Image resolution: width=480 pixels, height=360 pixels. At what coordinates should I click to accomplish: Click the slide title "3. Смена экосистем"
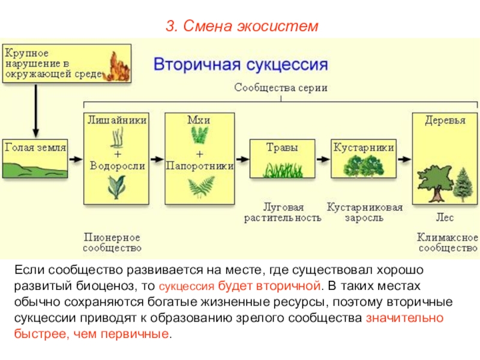[240, 27]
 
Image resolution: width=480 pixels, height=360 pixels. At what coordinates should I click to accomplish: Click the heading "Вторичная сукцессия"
[241, 64]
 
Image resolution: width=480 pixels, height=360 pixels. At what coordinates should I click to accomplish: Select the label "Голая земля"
[35, 146]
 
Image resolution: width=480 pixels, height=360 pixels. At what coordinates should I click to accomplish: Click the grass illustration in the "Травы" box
[282, 169]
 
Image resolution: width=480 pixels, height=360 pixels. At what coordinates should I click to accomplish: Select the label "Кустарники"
[364, 146]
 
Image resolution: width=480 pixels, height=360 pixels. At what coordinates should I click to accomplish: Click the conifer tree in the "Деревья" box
[463, 184]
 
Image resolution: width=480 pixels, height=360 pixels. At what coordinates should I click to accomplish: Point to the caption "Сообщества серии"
[281, 88]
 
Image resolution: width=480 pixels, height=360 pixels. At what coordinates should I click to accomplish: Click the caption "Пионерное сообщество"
[113, 242]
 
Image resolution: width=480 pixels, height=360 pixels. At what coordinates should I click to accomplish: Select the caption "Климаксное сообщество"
[447, 242]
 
